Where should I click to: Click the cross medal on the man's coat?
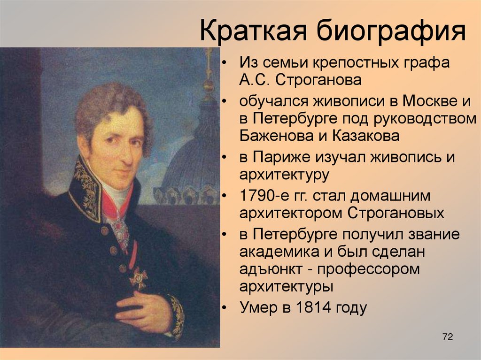tap(138, 277)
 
